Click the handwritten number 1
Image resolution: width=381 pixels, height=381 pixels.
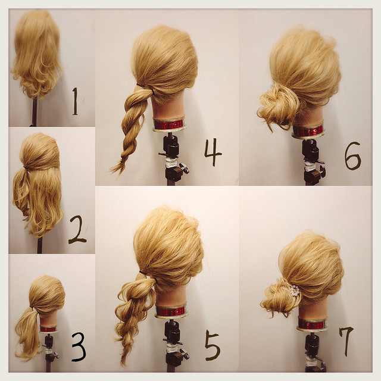(x=75, y=101)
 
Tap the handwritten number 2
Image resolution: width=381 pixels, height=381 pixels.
(x=77, y=229)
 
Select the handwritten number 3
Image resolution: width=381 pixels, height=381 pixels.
(x=79, y=346)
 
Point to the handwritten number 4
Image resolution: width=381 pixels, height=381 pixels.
(x=213, y=152)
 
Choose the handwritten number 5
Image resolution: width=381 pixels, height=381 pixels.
(x=213, y=345)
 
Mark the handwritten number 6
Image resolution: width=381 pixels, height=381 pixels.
(x=352, y=156)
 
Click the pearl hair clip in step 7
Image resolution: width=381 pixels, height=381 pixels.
(x=295, y=291)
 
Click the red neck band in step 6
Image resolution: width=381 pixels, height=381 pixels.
(x=308, y=131)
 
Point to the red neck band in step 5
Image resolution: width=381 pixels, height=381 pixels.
(x=171, y=311)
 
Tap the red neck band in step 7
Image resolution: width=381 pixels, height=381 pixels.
(x=311, y=324)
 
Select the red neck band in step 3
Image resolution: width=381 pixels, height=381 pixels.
(x=48, y=329)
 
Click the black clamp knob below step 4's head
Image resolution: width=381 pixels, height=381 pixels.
(x=184, y=168)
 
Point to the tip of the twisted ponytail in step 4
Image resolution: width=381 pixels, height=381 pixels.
(x=111, y=170)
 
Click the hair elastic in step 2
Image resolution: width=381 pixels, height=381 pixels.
(x=26, y=168)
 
